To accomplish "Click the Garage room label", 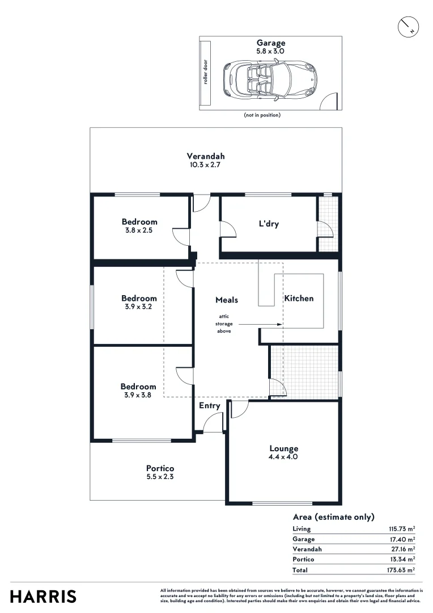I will click(270, 43).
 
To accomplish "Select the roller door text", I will click(206, 73).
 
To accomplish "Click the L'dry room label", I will click(268, 224).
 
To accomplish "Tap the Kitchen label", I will click(299, 298).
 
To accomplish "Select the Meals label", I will click(227, 300).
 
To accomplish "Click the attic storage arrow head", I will click(280, 325).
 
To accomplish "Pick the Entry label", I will click(209, 406).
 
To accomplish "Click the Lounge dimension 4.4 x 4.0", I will click(284, 457).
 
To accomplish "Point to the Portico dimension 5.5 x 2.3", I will click(160, 477).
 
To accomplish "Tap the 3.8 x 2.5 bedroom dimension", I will click(139, 230).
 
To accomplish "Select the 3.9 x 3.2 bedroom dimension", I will click(139, 306).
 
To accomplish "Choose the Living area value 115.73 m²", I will click(398, 529).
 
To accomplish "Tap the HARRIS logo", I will click(43, 597).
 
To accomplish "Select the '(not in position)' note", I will click(262, 115).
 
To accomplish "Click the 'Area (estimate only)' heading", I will click(333, 517).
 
